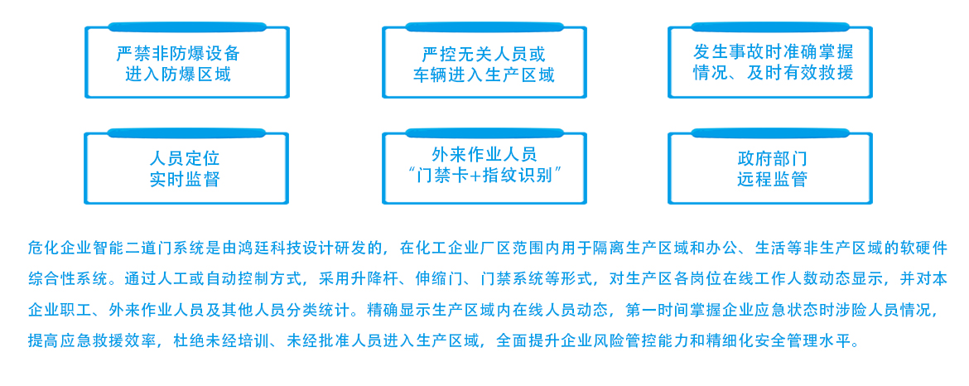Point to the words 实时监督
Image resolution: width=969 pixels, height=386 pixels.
coord(185,179)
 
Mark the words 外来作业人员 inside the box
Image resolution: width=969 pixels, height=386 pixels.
coord(485,153)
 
